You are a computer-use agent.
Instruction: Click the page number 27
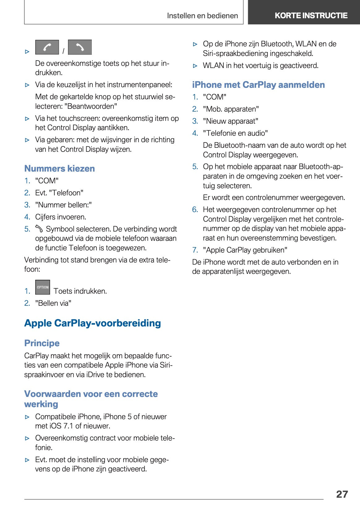342,494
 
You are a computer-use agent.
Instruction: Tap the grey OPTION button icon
43,287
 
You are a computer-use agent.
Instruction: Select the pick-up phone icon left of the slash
47,47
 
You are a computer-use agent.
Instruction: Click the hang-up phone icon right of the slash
80,47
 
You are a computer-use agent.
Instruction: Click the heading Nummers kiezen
59,168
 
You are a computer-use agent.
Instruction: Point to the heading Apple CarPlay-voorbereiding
92,323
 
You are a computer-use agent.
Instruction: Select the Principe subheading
42,343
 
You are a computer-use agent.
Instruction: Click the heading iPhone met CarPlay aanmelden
258,85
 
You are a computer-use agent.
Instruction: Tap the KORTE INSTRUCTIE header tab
311,15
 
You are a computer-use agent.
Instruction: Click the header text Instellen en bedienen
202,16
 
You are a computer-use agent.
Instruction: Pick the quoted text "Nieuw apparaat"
230,121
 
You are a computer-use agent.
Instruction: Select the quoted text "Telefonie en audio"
235,133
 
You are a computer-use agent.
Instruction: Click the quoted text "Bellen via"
53,303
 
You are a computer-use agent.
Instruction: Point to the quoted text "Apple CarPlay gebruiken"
245,250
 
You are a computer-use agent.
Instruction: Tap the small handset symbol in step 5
39,229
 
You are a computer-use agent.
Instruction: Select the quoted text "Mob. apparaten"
231,109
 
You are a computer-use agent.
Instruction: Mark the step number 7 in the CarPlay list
195,250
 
